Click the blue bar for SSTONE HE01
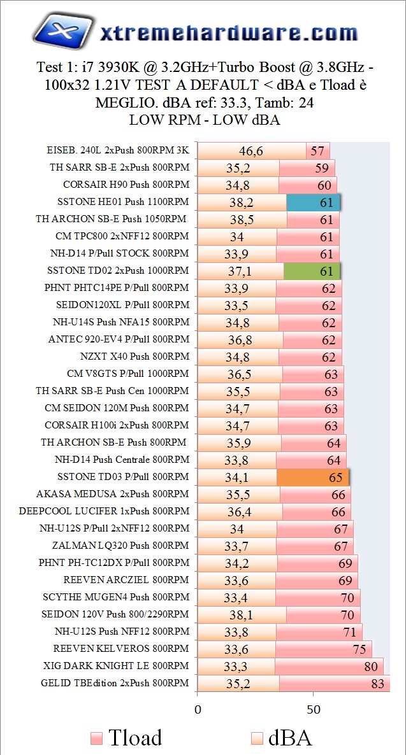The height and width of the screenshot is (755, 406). point(313,202)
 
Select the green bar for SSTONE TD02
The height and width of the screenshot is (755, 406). point(312,271)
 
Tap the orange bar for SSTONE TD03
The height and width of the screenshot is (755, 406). point(312,477)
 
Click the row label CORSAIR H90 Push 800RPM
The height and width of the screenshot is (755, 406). point(126,185)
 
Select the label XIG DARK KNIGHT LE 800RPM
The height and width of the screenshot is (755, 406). point(116,666)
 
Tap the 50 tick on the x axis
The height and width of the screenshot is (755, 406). point(313,708)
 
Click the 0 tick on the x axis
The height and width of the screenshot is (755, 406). point(198,708)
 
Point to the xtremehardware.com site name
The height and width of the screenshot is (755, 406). point(228,32)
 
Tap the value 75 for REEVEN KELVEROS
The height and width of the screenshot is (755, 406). point(361,649)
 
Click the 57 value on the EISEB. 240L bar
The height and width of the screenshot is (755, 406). point(317,151)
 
